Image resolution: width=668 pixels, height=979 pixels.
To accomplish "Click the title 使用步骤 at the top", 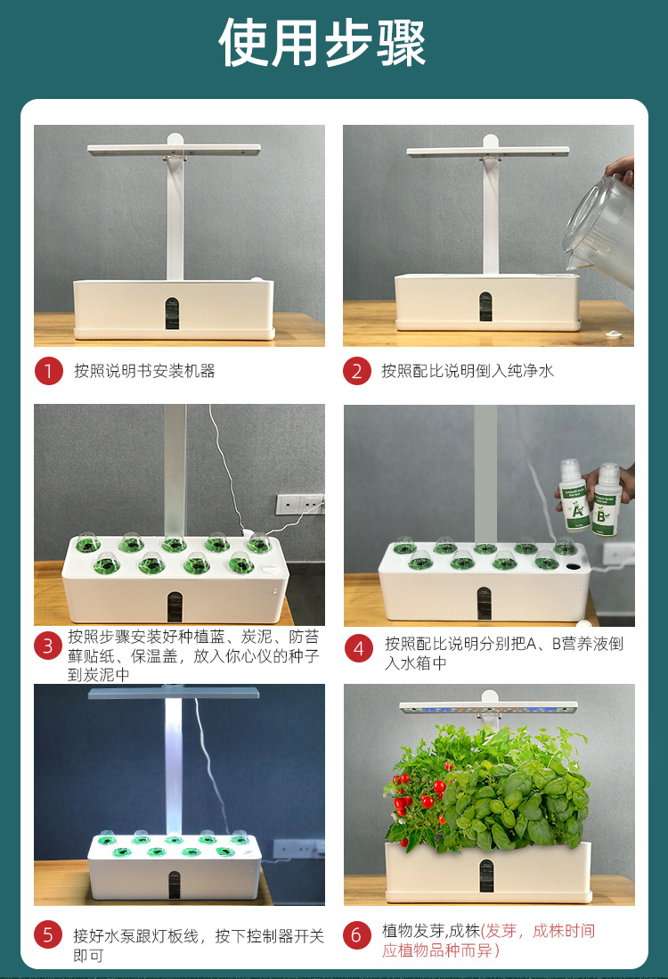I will coord(322,43).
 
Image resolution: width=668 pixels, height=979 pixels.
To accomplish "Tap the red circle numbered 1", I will coord(49,371).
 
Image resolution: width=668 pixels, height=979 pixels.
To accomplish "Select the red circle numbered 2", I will coord(357,371).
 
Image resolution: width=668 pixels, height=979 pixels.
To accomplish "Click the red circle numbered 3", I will coord(49,646).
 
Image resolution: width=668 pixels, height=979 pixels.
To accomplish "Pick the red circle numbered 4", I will coord(358,648).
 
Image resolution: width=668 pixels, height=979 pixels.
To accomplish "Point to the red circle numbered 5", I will coord(49,935).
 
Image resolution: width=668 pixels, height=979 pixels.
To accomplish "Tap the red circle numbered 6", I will coord(357,935).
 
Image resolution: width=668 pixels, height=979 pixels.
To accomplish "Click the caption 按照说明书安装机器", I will coord(144,371).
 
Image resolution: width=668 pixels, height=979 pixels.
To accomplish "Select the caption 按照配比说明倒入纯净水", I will coord(468,371).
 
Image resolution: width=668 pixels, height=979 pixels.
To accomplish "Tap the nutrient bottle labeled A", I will coord(573,495).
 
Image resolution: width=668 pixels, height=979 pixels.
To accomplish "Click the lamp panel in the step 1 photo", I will coord(174,148).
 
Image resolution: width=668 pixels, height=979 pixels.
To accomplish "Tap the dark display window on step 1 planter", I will coord(174,311).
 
